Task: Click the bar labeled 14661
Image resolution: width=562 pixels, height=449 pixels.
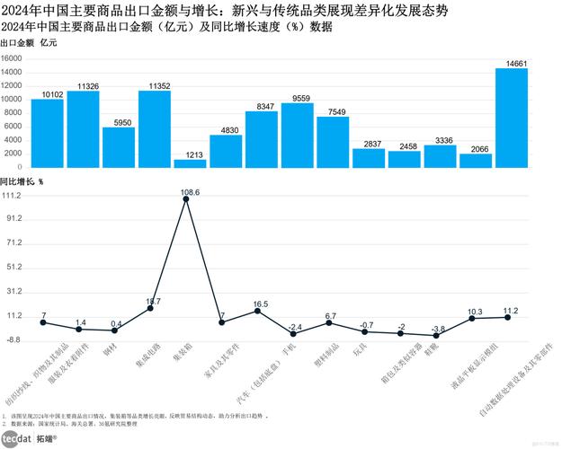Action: point(512,118)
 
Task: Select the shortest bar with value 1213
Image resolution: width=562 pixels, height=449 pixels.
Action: point(190,163)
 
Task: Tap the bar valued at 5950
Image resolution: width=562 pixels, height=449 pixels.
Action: point(119,147)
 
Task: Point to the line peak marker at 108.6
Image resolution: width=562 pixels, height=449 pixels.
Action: point(186,199)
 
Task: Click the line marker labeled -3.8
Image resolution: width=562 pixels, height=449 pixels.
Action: point(436,335)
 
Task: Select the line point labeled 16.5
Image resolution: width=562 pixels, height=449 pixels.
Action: point(258,311)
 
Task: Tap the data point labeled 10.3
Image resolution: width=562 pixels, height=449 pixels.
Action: point(472,319)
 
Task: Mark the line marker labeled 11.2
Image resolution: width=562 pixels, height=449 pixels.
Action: point(508,317)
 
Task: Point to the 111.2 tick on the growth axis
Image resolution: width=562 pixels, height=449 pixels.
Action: point(12,195)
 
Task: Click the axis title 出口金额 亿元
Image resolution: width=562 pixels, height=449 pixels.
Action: point(28,43)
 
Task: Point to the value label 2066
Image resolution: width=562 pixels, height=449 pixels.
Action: point(476,148)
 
